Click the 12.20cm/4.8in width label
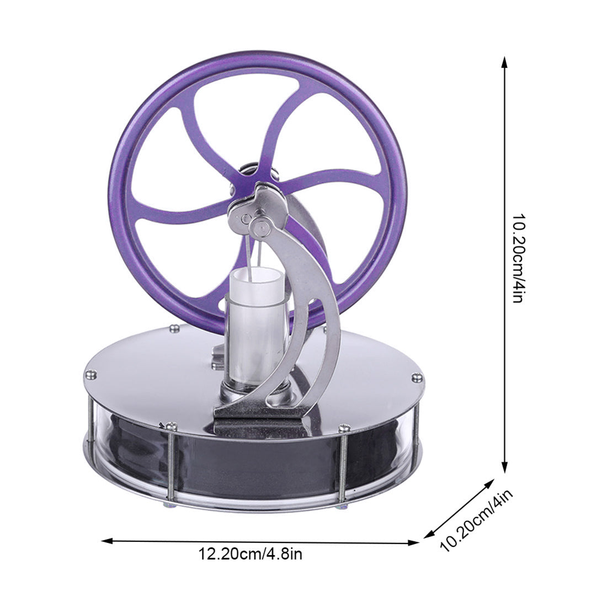(251, 554)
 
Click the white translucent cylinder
(257, 326)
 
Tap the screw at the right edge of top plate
(416, 378)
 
